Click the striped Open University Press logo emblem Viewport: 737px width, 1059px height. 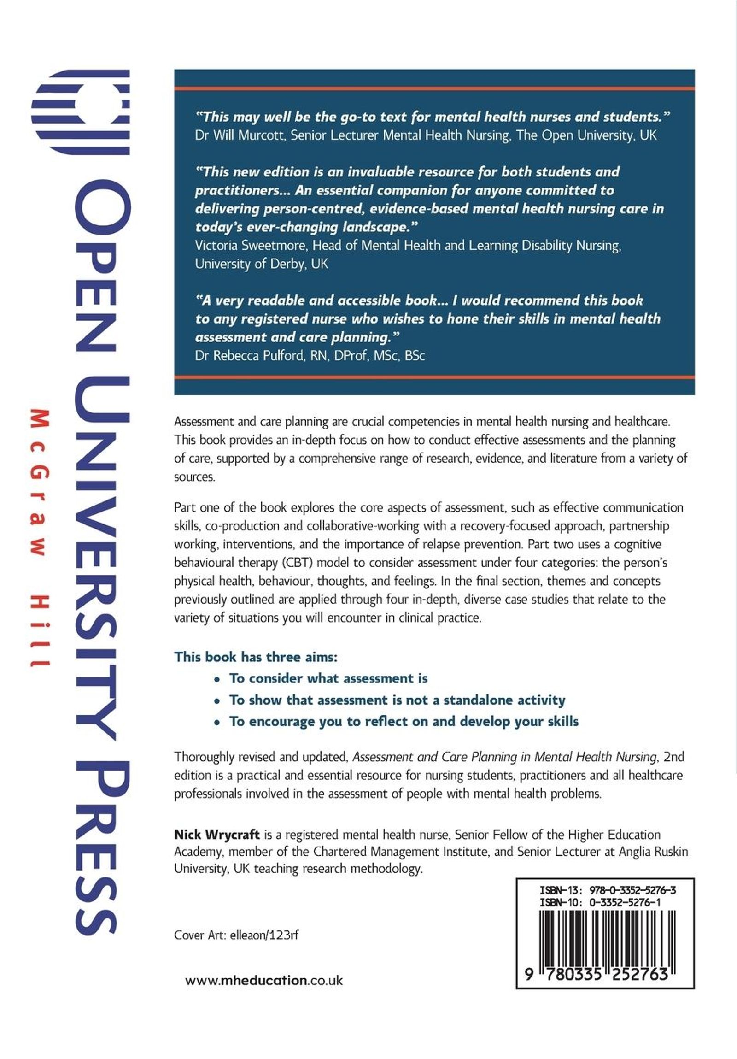(80, 112)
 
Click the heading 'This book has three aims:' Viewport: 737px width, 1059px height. (256, 657)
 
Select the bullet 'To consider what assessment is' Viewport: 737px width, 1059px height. (328, 678)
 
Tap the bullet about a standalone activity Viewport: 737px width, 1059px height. (397, 700)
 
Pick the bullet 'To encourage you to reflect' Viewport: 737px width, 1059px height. (404, 721)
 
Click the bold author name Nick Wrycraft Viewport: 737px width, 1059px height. (216, 835)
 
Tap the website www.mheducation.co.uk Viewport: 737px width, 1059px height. (263, 981)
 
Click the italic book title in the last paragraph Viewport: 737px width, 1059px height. (505, 757)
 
